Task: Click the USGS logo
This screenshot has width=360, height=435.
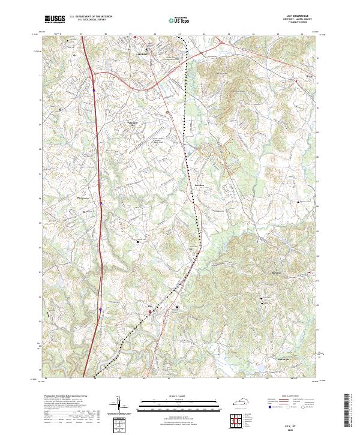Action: [55, 19]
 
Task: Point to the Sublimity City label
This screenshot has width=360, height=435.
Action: [134, 125]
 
